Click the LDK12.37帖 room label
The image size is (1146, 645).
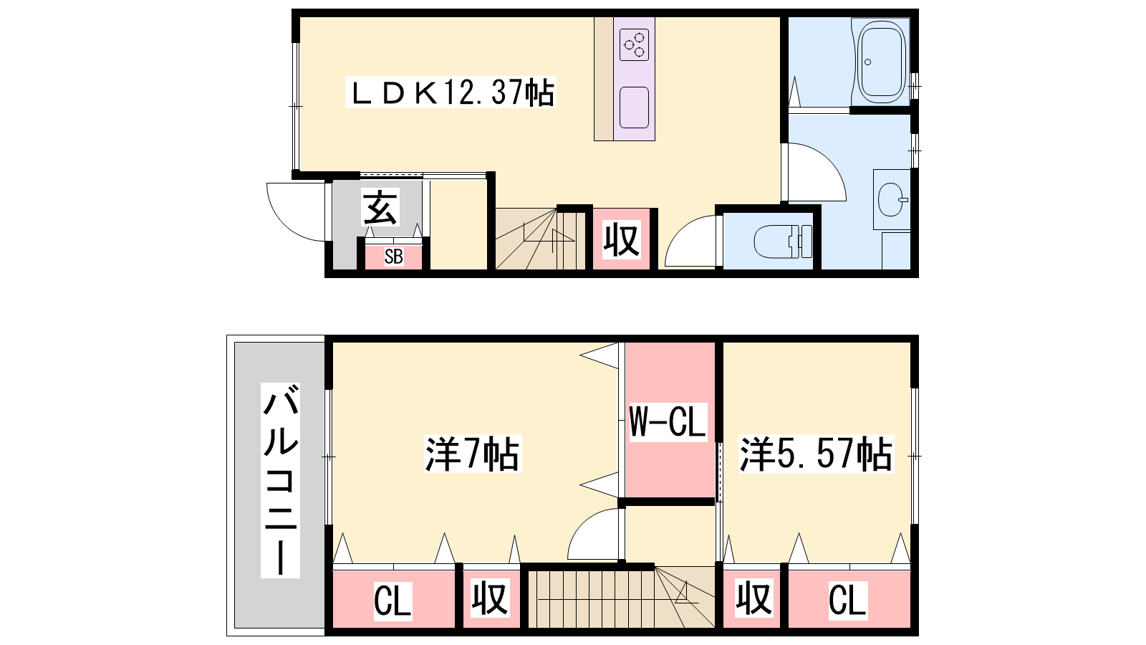pos(451,92)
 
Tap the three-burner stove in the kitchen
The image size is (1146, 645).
pos(634,44)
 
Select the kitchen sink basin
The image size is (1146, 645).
pos(634,107)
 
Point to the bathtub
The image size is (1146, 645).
pos(882,62)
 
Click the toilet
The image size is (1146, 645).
pos(783,241)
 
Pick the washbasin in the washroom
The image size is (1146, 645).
pos(892,200)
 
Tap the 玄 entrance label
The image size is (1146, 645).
pos(380,207)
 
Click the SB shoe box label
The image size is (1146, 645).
pos(393,257)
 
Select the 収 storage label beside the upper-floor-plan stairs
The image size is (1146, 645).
pos(621,239)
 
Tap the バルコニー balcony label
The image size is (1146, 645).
pos(280,480)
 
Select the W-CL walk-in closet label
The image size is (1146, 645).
pos(668,422)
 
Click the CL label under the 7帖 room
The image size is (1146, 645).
pos(393,601)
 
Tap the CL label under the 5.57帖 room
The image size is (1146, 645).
pos(847,600)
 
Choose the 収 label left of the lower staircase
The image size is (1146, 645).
pos(490,598)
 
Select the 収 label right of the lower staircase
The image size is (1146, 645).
pos(754,598)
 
